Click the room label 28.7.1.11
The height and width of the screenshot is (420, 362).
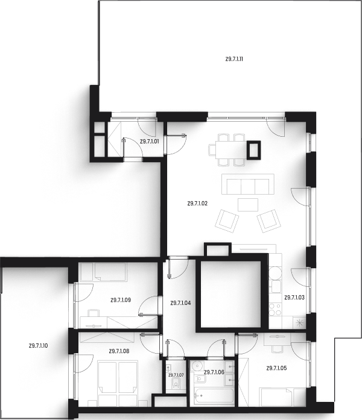pyautogui.click(x=233, y=59)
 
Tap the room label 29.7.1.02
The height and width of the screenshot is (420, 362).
pyautogui.click(x=198, y=204)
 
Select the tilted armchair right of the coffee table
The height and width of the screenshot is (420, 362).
pyautogui.click(x=269, y=225)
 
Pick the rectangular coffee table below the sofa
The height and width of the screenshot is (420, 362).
pyautogui.click(x=246, y=204)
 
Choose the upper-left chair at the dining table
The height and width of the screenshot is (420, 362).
pyautogui.click(x=224, y=136)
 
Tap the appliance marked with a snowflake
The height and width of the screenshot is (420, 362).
pyautogui.click(x=299, y=322)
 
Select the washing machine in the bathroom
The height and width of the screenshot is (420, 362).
pyautogui.click(x=196, y=367)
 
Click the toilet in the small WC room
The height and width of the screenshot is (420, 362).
pyautogui.click(x=175, y=381)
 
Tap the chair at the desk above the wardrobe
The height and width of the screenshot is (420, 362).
pyautogui.click(x=94, y=313)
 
